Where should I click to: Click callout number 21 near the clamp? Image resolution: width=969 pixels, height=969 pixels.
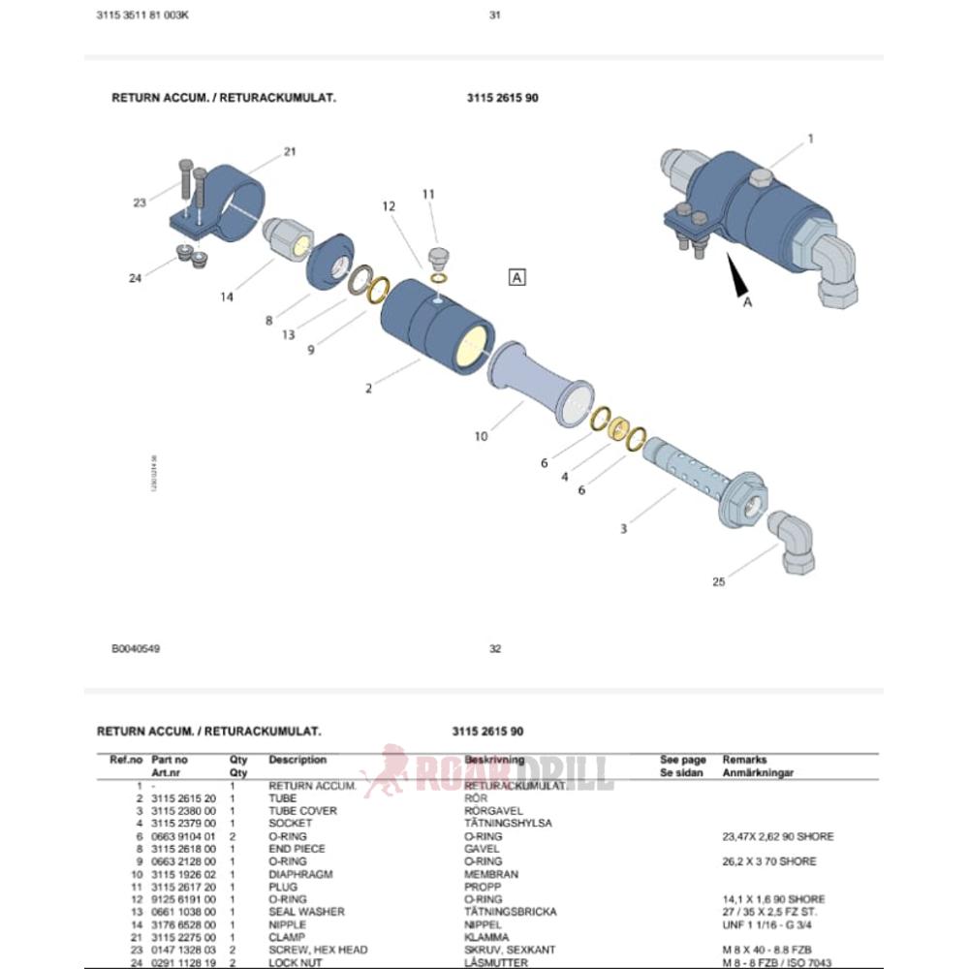coord(289,151)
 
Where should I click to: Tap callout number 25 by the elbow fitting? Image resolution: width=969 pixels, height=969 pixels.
coord(718,582)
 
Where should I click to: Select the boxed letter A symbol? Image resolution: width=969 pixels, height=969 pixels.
coord(517,277)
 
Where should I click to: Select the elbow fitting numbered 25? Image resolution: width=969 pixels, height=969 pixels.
coord(791,544)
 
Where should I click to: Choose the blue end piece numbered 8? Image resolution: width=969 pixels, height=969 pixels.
coord(332,259)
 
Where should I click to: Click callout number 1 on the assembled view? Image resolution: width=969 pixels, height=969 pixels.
coord(811,139)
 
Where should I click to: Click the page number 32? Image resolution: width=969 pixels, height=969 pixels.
coord(495,649)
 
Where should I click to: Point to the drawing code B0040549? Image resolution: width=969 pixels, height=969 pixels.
coord(136,649)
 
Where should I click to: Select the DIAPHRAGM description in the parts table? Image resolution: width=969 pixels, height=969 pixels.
coord(300,874)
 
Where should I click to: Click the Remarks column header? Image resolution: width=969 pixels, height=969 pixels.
coord(744,761)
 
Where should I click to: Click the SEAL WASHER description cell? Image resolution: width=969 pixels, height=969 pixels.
coord(306,912)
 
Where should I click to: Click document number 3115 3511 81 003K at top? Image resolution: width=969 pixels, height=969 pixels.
coord(144,15)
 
